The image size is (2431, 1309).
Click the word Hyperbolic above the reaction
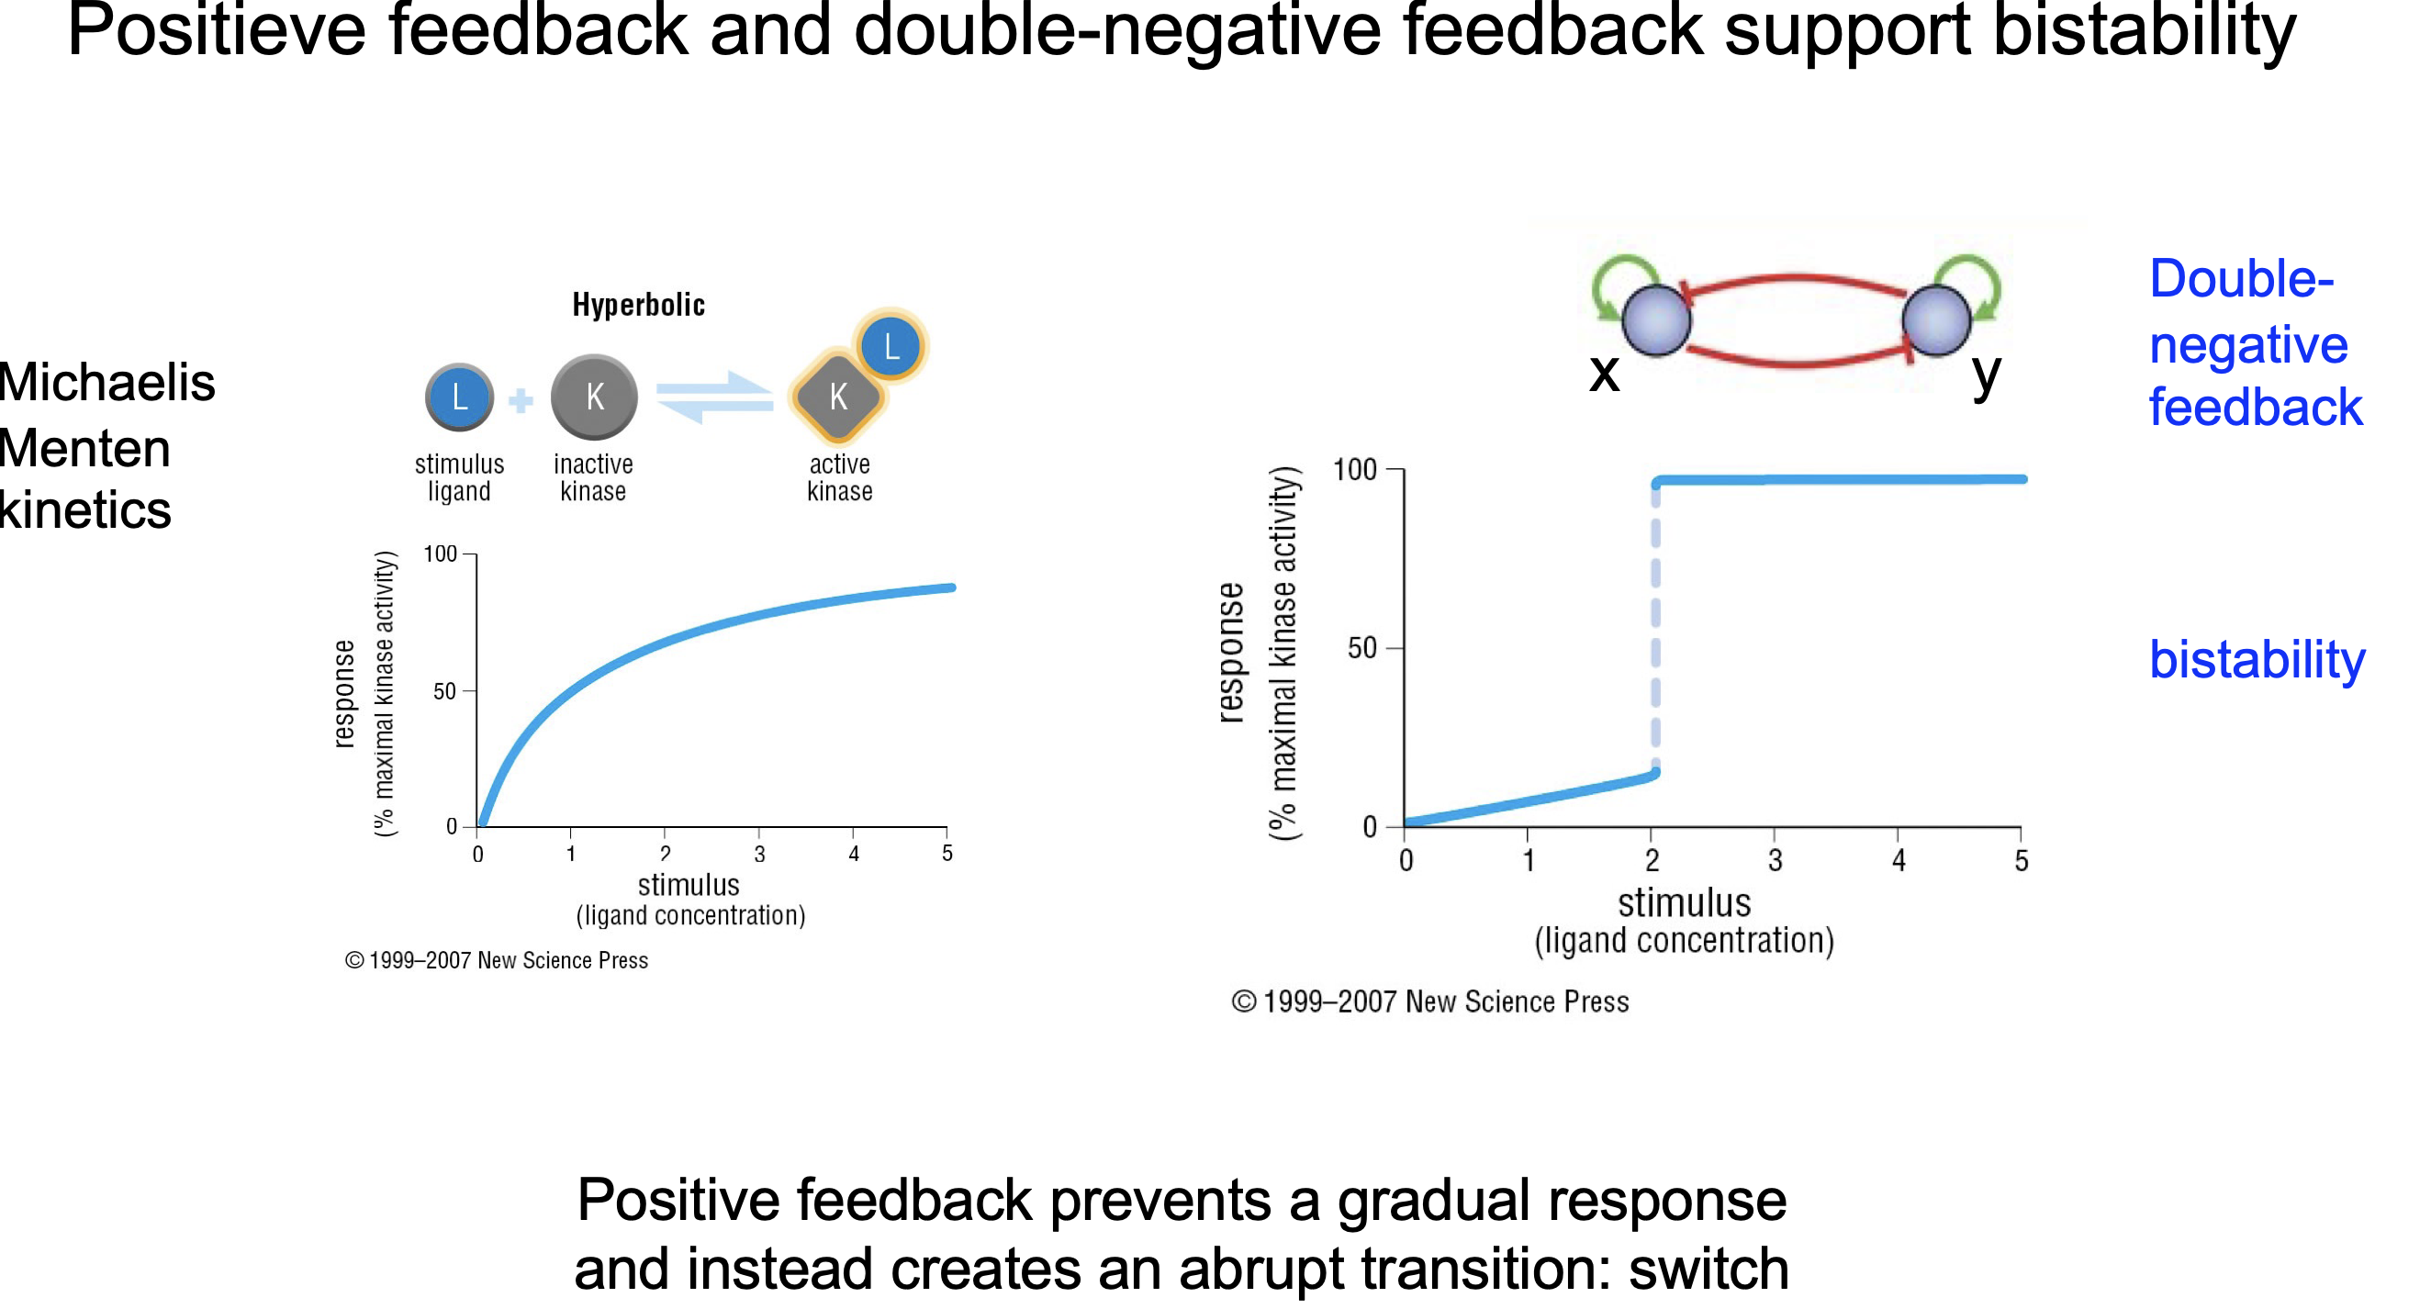(x=638, y=305)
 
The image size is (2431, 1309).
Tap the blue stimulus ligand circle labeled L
(x=459, y=397)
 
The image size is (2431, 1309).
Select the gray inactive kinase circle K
(x=594, y=397)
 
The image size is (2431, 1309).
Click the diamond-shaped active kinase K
(x=838, y=397)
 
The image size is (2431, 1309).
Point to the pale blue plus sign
(x=521, y=401)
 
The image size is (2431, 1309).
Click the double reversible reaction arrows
(x=714, y=397)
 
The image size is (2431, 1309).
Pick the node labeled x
(x=1656, y=321)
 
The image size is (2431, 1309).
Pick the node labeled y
(x=1935, y=321)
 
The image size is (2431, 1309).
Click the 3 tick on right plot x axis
(x=1775, y=860)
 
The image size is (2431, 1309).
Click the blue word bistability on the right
(x=2257, y=659)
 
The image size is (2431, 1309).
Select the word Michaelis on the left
(x=106, y=382)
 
